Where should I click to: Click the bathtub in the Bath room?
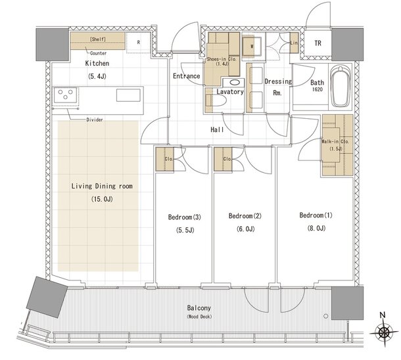pyautogui.click(x=340, y=86)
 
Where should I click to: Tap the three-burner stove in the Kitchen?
pyautogui.click(x=65, y=95)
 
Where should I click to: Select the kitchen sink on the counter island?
pyautogui.click(x=128, y=95)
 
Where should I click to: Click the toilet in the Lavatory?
pyautogui.click(x=216, y=101)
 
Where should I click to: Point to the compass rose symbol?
pyautogui.click(x=383, y=332)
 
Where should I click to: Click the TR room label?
pyautogui.click(x=318, y=43)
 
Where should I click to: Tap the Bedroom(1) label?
pyautogui.click(x=316, y=215)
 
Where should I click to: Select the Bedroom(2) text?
pyautogui.click(x=245, y=216)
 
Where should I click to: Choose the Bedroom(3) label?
pyautogui.click(x=184, y=217)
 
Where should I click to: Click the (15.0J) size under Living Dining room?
pyautogui.click(x=102, y=199)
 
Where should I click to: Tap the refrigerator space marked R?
pyautogui.click(x=138, y=43)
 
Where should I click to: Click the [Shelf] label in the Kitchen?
pyautogui.click(x=98, y=39)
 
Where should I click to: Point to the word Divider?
pyautogui.click(x=95, y=120)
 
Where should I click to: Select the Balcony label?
pyautogui.click(x=199, y=308)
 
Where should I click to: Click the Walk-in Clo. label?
pyautogui.click(x=335, y=141)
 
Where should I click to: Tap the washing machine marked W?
pyautogui.click(x=252, y=47)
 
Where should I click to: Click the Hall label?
pyautogui.click(x=217, y=129)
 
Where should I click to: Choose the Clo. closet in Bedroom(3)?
pyautogui.click(x=165, y=159)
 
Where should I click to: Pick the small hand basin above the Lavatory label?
pyautogui.click(x=234, y=82)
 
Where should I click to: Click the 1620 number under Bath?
pyautogui.click(x=317, y=89)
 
